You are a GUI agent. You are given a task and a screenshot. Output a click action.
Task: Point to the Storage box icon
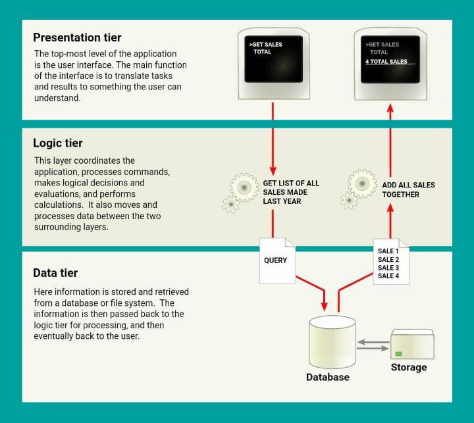click(x=411, y=343)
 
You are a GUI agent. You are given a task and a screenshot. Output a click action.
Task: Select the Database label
click(x=328, y=377)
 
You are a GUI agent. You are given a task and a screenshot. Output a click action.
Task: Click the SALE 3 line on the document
click(x=388, y=268)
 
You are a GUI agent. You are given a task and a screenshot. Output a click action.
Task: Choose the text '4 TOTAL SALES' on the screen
click(x=386, y=61)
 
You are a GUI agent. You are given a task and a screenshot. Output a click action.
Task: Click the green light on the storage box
click(x=398, y=353)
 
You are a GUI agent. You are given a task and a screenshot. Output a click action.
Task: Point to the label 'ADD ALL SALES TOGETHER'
click(x=408, y=189)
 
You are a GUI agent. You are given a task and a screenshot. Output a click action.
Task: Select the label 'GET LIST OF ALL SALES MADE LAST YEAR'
click(x=290, y=192)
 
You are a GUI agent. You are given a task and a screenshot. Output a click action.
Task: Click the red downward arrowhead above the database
click(x=324, y=306)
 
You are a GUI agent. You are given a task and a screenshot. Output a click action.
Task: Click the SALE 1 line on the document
click(x=388, y=251)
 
